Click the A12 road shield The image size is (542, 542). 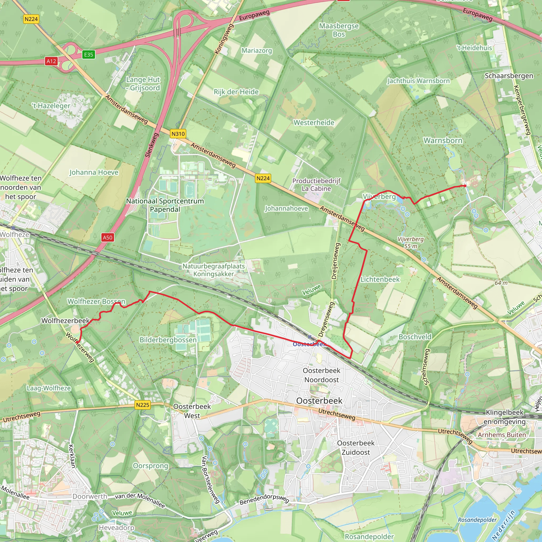tap(51, 61)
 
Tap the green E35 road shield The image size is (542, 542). tap(89, 55)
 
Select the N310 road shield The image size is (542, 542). tap(178, 134)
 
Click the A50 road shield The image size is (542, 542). tap(107, 238)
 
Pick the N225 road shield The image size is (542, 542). tap(143, 405)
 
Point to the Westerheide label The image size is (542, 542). tap(314, 123)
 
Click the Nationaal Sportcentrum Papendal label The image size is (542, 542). tap(165, 205)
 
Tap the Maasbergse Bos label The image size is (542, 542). tap(339, 30)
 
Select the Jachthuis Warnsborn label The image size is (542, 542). tap(418, 81)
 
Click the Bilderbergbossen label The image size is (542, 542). tap(168, 340)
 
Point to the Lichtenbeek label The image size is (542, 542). tap(380, 279)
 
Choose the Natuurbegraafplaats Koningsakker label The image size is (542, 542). tap(214, 270)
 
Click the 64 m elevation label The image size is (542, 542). tap(501, 283)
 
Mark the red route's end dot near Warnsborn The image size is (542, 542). tap(465, 186)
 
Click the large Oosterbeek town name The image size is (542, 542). tap(319, 401)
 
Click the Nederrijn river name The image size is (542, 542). tap(504, 525)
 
